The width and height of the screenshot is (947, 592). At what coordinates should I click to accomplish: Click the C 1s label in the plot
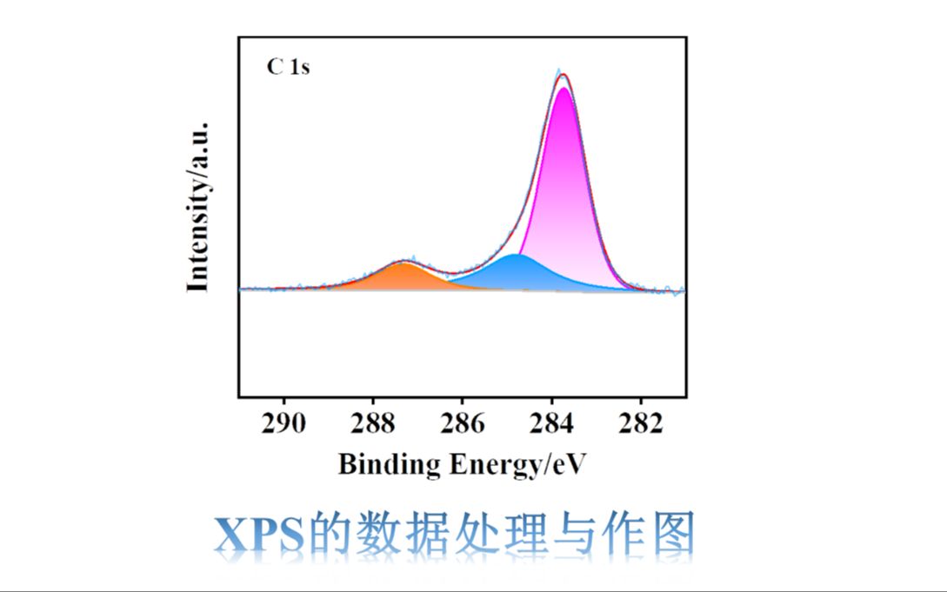point(288,67)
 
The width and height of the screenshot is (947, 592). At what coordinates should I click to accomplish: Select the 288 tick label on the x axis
point(372,422)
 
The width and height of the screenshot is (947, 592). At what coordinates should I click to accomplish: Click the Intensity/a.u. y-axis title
point(198,206)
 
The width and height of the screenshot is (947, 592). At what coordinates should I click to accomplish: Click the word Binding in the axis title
point(390,464)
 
